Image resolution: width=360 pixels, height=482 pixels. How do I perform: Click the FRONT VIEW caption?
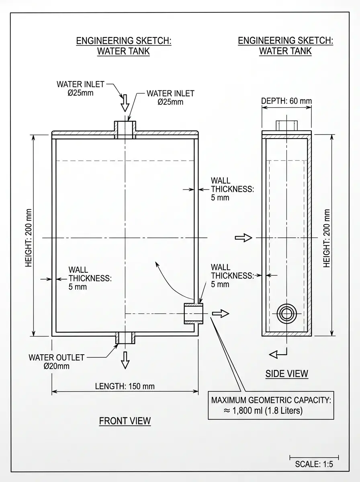click(125, 421)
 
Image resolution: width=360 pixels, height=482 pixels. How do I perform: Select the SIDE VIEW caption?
click(286, 374)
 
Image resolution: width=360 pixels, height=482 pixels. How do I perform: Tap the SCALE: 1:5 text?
click(314, 464)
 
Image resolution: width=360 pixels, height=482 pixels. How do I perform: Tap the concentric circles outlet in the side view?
click(286, 314)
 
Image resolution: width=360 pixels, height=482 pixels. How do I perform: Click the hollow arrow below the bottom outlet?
click(125, 360)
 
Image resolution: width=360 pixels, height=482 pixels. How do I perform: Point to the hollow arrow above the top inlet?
click(125, 103)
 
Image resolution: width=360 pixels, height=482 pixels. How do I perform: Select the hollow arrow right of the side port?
click(221, 313)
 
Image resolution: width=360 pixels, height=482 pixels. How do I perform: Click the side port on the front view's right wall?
click(194, 314)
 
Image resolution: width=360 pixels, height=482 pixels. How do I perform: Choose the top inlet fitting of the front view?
click(125, 130)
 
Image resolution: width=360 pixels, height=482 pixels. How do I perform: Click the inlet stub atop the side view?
click(286, 125)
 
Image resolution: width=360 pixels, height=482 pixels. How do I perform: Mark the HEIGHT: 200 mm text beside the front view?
click(29, 238)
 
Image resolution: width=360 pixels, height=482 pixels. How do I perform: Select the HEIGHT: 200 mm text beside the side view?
click(327, 238)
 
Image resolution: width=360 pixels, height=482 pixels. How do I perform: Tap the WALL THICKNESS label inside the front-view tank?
click(90, 278)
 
